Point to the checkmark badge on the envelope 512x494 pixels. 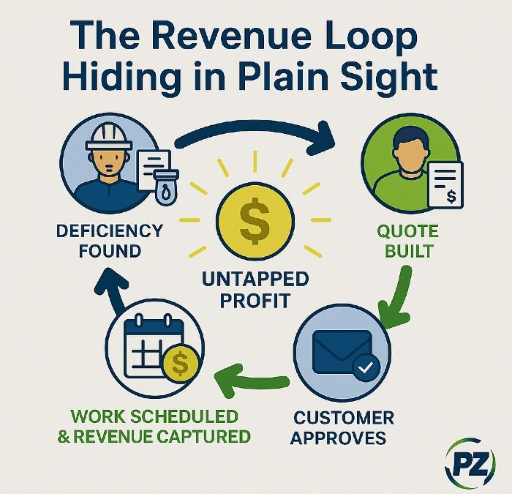tap(366, 367)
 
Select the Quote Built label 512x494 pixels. tap(408, 241)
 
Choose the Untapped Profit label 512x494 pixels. tap(255, 290)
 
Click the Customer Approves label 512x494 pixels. tap(343, 427)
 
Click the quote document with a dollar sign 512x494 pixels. tap(445, 184)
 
